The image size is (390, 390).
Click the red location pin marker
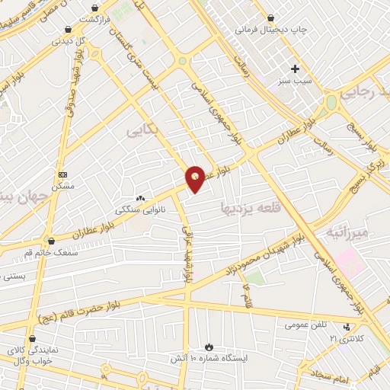coord(195,177)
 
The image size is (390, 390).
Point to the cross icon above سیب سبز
coord(295,69)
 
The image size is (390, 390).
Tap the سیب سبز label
coord(292,80)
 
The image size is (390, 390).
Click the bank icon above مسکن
coord(62,174)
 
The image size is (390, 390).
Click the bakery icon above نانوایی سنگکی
coord(140,197)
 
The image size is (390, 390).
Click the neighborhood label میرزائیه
coord(347,230)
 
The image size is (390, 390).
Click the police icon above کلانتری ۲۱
coord(347,327)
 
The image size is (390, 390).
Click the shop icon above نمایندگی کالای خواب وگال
coord(31,339)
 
